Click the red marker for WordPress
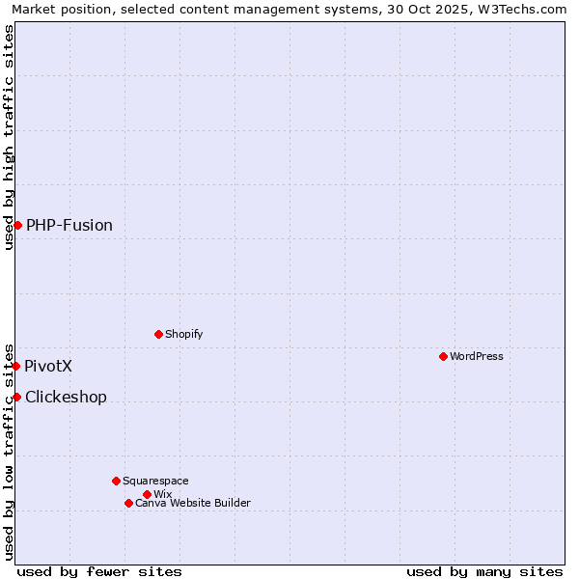pyautogui.click(x=443, y=356)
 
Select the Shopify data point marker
pyautogui.click(x=158, y=334)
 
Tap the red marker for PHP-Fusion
pyautogui.click(x=17, y=225)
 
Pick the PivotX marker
pyautogui.click(x=15, y=366)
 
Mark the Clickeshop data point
pyautogui.click(x=16, y=397)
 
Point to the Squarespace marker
pyautogui.click(x=116, y=481)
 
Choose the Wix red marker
pyautogui.click(x=147, y=494)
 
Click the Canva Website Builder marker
pyautogui.click(x=128, y=503)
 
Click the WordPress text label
pyautogui.click(x=477, y=356)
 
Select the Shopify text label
pyautogui.click(x=184, y=334)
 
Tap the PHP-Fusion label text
pyautogui.click(x=69, y=225)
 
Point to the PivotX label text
pyautogui.click(x=48, y=366)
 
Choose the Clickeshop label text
pyautogui.click(x=66, y=397)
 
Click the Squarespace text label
pyautogui.click(x=155, y=481)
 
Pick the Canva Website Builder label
pyautogui.click(x=193, y=503)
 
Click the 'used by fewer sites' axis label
pyautogui.click(x=99, y=571)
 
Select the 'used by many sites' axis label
pyautogui.click(x=484, y=571)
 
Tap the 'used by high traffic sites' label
pyautogui.click(x=9, y=137)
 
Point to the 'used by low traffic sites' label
pyautogui.click(x=9, y=451)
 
